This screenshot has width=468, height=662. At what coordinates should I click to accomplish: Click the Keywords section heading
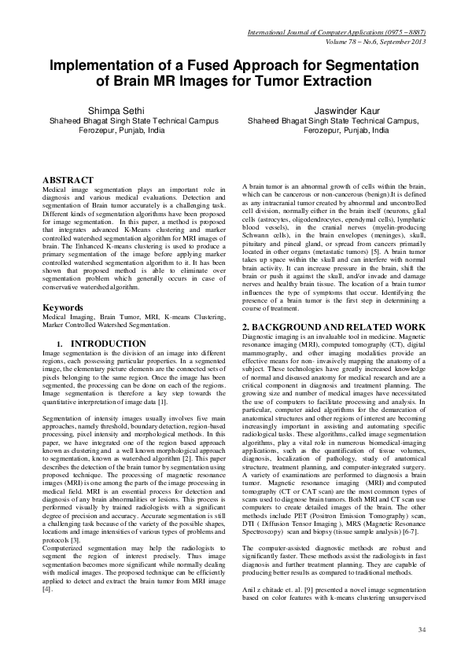tap(64, 307)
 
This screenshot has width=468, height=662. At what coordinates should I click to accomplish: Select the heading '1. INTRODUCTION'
tap(89, 344)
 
